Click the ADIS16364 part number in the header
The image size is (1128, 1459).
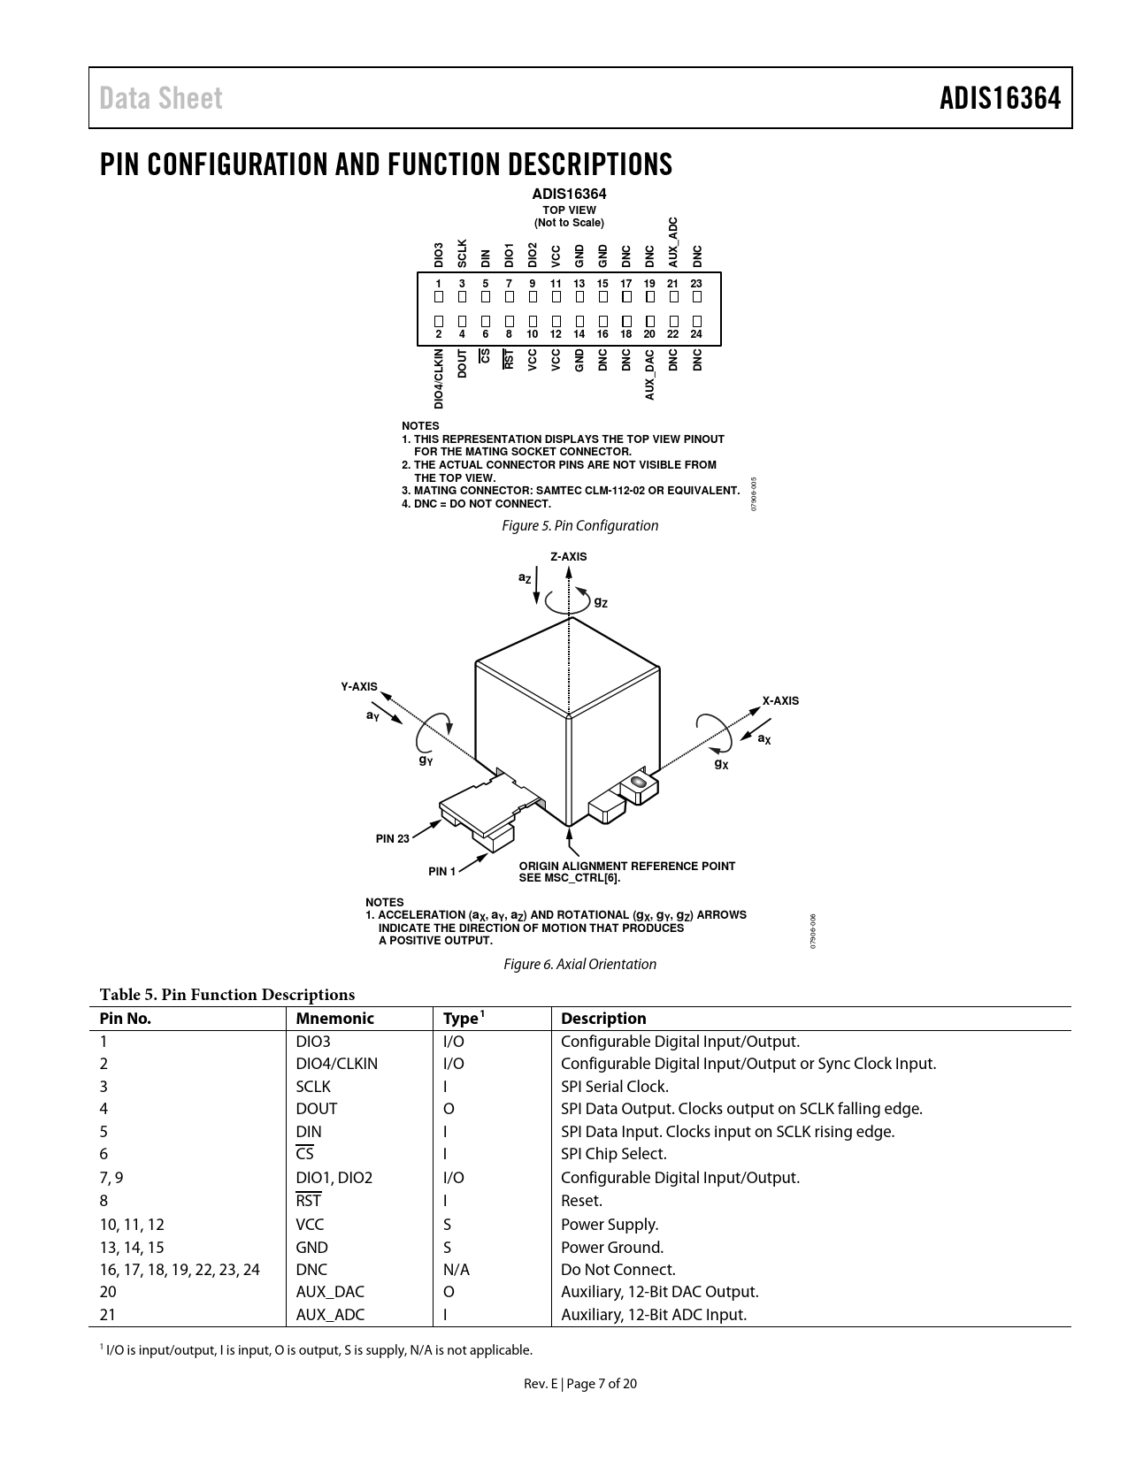(x=1000, y=98)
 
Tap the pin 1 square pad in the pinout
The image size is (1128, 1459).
(x=439, y=297)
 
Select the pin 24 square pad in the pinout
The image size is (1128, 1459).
(x=697, y=321)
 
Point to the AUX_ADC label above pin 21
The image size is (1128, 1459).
(x=673, y=242)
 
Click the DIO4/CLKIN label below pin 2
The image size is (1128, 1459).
(x=439, y=378)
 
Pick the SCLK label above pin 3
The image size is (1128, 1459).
(x=462, y=253)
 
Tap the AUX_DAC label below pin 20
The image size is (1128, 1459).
(x=650, y=374)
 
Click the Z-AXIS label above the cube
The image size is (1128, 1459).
(x=568, y=557)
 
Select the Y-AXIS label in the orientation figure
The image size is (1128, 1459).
(x=359, y=687)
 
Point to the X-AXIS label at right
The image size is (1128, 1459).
(x=780, y=701)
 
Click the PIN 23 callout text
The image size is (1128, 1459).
(x=393, y=839)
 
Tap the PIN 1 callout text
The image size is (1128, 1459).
(x=442, y=872)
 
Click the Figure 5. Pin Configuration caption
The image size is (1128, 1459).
(x=579, y=526)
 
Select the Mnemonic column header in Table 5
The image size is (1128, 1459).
(x=334, y=1019)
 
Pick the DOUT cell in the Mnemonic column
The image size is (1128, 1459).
(x=316, y=1109)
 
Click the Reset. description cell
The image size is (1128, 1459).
(x=581, y=1201)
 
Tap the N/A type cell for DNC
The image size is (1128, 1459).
(x=456, y=1270)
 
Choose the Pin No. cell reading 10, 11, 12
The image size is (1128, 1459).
(x=132, y=1225)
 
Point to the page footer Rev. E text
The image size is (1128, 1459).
(x=541, y=1384)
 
